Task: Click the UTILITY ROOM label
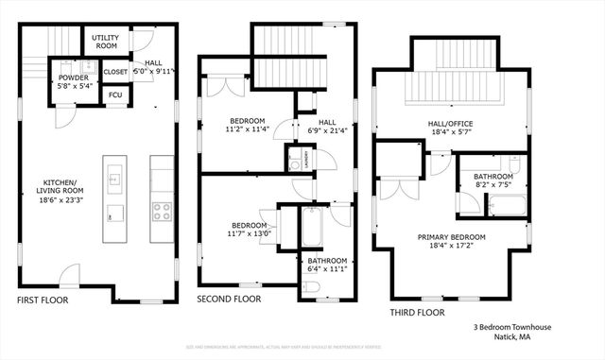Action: click(105, 41)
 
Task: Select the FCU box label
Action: click(115, 94)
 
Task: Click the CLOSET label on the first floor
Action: click(115, 71)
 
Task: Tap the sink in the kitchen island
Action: click(114, 176)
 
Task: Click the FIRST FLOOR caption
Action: click(43, 300)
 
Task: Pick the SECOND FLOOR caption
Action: click(228, 300)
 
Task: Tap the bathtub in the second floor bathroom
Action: click(312, 227)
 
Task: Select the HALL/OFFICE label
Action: click(450, 124)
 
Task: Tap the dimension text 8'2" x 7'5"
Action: click(493, 186)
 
